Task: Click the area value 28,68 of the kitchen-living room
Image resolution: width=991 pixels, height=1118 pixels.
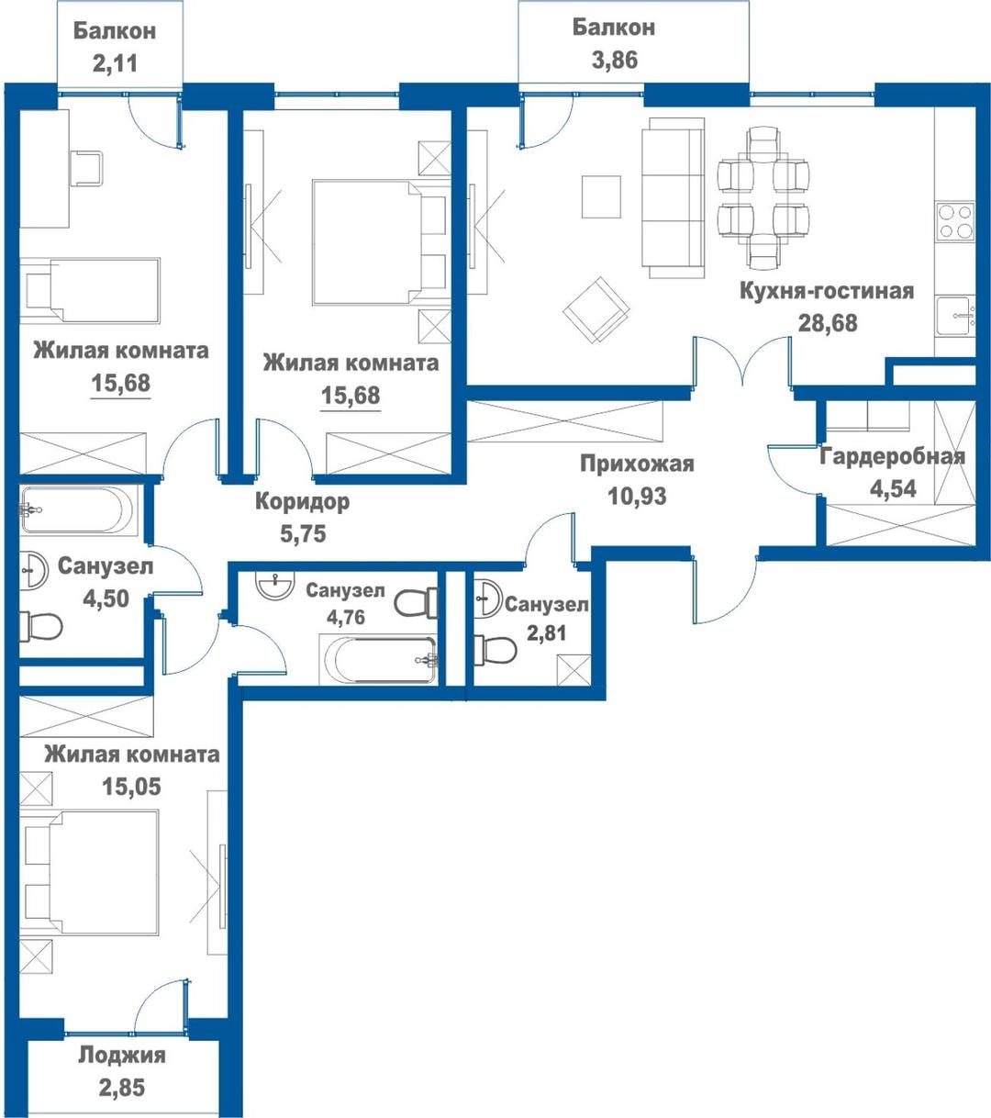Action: tap(828, 323)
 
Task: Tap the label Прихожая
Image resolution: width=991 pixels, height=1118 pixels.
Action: tap(637, 464)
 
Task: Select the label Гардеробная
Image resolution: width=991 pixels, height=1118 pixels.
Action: tap(892, 457)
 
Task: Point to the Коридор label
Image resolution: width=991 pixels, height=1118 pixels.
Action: tap(303, 502)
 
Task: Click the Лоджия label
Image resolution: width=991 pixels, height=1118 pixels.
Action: tap(122, 1055)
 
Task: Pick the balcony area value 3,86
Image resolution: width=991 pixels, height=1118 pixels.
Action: tap(615, 60)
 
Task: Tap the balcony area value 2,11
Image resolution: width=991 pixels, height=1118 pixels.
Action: tap(115, 63)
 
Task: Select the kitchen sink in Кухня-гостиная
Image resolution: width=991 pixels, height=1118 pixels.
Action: tap(954, 315)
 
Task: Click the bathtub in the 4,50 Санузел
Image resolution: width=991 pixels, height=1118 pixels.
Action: tap(78, 509)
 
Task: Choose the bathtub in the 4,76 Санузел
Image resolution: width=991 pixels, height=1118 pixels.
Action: tap(379, 660)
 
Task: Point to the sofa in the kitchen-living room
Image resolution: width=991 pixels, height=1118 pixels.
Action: tap(674, 197)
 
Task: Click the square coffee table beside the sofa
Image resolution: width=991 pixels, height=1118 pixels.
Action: tap(601, 197)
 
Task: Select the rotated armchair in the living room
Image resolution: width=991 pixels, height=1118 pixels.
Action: tap(596, 310)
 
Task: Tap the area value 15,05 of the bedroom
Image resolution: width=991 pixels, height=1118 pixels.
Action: tap(131, 787)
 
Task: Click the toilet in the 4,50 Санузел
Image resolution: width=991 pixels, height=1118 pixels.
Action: tap(40, 627)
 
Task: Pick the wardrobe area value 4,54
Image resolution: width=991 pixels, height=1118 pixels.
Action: tap(893, 488)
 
